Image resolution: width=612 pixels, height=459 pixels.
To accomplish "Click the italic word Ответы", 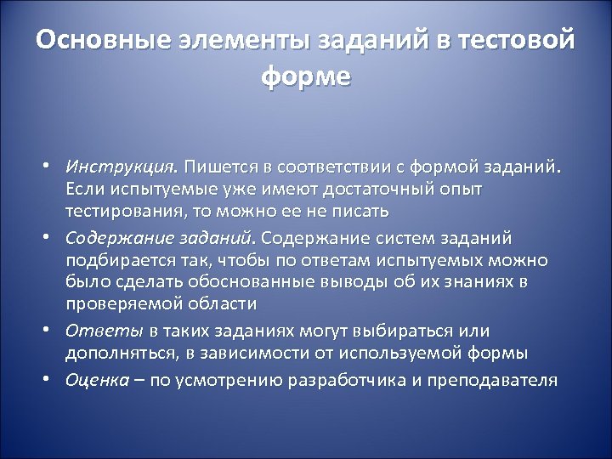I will coord(93,330).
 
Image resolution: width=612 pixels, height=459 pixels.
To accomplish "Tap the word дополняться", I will coord(116,352).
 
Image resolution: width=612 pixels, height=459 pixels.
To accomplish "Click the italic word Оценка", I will coord(98,379).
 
